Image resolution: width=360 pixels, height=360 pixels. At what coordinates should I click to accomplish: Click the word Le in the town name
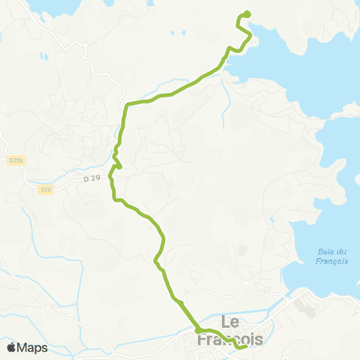(230, 322)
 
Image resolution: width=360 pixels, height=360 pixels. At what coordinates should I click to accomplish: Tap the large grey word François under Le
(230, 339)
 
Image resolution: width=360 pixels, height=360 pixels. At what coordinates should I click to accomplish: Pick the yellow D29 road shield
(46, 190)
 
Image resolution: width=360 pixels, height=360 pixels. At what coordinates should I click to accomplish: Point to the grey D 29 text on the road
(91, 178)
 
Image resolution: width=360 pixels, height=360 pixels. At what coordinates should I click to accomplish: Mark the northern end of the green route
(247, 13)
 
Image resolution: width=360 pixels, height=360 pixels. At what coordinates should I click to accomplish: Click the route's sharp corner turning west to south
(127, 105)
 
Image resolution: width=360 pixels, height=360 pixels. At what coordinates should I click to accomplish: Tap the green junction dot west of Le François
(198, 330)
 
